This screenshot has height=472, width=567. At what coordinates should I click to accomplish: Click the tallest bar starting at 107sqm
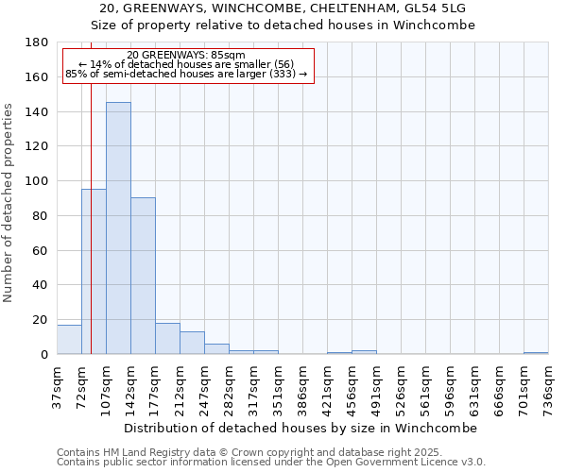pyautogui.click(x=118, y=228)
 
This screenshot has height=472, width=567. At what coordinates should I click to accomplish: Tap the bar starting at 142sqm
pyautogui.click(x=143, y=276)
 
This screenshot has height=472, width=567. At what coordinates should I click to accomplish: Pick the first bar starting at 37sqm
pyautogui.click(x=69, y=340)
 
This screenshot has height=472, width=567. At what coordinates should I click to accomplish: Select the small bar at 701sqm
pyautogui.click(x=536, y=353)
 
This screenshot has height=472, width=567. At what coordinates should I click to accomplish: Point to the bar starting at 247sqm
pyautogui.click(x=216, y=349)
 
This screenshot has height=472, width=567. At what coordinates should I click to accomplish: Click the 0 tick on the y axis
pyautogui.click(x=43, y=355)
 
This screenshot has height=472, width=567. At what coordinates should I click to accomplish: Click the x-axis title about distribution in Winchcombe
pyautogui.click(x=301, y=428)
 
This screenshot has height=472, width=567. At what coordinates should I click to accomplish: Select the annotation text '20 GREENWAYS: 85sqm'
pyautogui.click(x=185, y=56)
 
